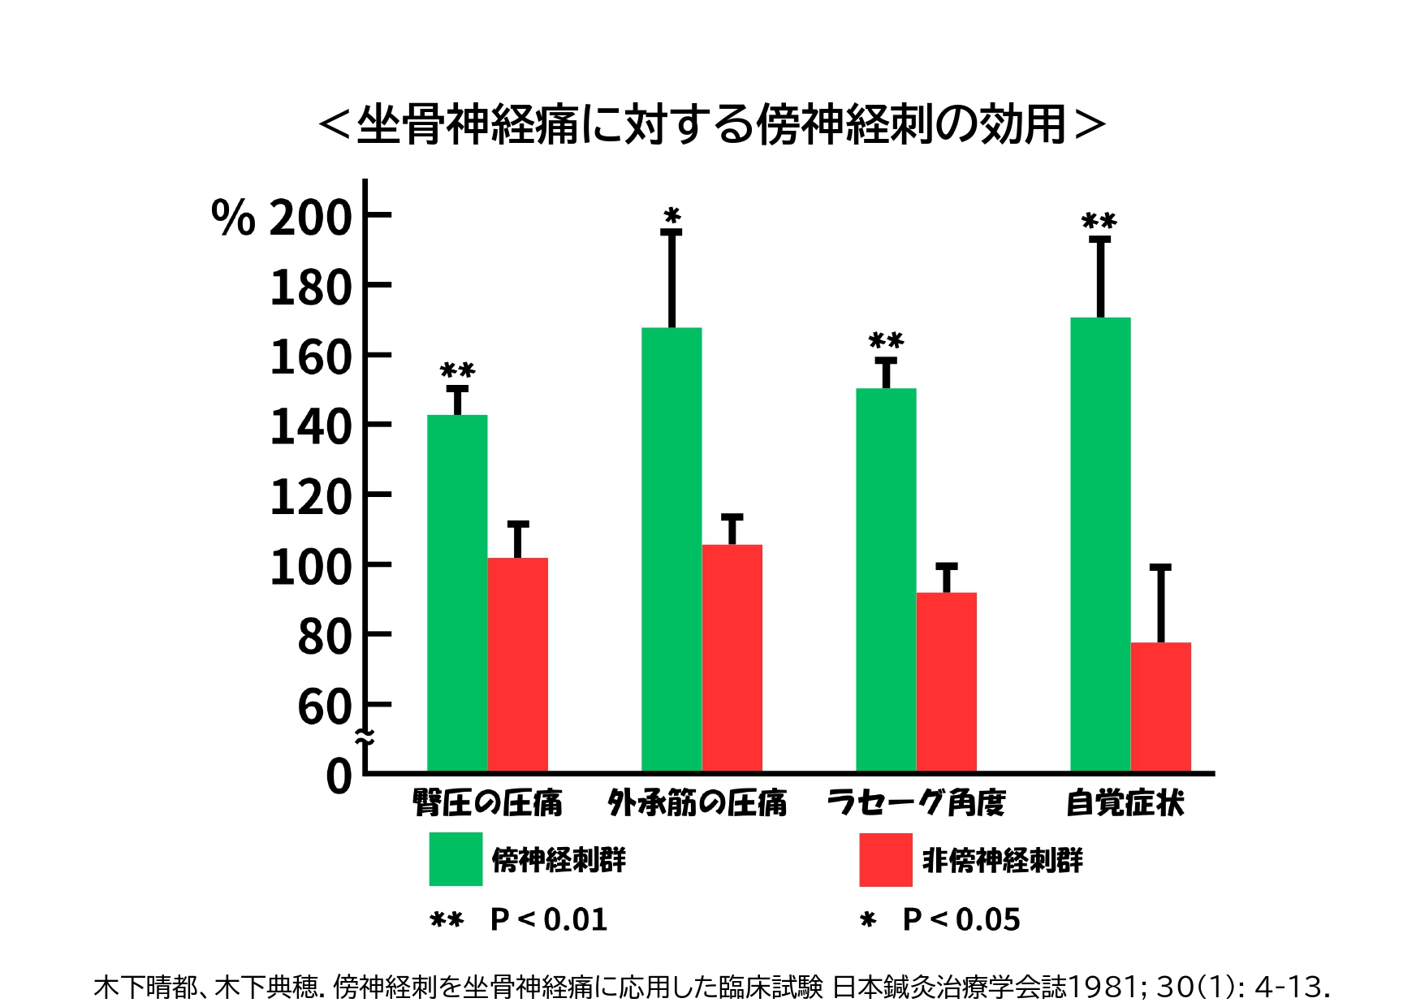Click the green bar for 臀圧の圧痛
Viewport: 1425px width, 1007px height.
(x=457, y=593)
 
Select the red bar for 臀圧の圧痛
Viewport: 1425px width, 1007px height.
(x=518, y=664)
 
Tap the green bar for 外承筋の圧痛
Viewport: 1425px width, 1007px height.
(x=671, y=549)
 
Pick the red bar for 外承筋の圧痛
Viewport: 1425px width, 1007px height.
(x=732, y=658)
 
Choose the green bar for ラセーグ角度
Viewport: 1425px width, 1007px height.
(x=886, y=579)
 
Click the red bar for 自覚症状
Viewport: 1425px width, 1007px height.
(x=1161, y=707)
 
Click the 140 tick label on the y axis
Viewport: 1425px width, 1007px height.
(x=310, y=427)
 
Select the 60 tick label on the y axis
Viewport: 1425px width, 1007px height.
(x=324, y=707)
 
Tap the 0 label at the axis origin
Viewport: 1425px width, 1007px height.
(x=339, y=776)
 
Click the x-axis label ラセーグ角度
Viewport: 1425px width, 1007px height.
(x=916, y=803)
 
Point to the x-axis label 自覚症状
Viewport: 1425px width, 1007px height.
(x=1125, y=803)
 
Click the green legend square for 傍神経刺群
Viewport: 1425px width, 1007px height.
(x=456, y=859)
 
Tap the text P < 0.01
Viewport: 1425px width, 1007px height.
(x=549, y=920)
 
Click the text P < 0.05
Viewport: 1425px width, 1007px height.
(x=961, y=920)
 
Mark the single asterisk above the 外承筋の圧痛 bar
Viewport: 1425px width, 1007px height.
(x=672, y=216)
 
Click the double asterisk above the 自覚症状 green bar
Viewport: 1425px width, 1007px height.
(x=1099, y=222)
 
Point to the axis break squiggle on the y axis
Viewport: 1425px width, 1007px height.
(x=365, y=737)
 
